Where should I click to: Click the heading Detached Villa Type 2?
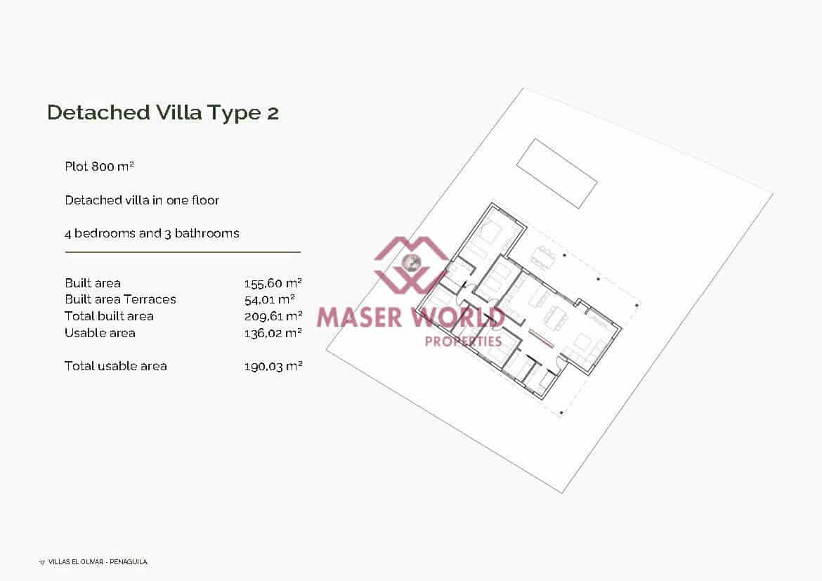(x=163, y=112)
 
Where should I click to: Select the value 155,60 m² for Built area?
(x=273, y=283)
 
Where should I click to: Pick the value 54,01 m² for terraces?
(x=269, y=299)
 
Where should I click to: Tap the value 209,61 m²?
(x=273, y=316)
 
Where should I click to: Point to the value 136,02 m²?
(x=273, y=333)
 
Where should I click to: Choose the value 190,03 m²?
(x=273, y=366)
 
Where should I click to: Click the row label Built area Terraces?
(x=120, y=299)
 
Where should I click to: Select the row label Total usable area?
(x=115, y=366)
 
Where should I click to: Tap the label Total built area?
(x=109, y=316)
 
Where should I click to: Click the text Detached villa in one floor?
(x=142, y=200)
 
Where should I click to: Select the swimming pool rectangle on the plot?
(x=556, y=173)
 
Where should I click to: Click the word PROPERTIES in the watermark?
(x=464, y=341)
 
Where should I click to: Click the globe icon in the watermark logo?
(x=410, y=263)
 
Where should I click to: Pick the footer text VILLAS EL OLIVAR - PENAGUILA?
(x=98, y=562)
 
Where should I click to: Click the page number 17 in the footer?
(x=42, y=562)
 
